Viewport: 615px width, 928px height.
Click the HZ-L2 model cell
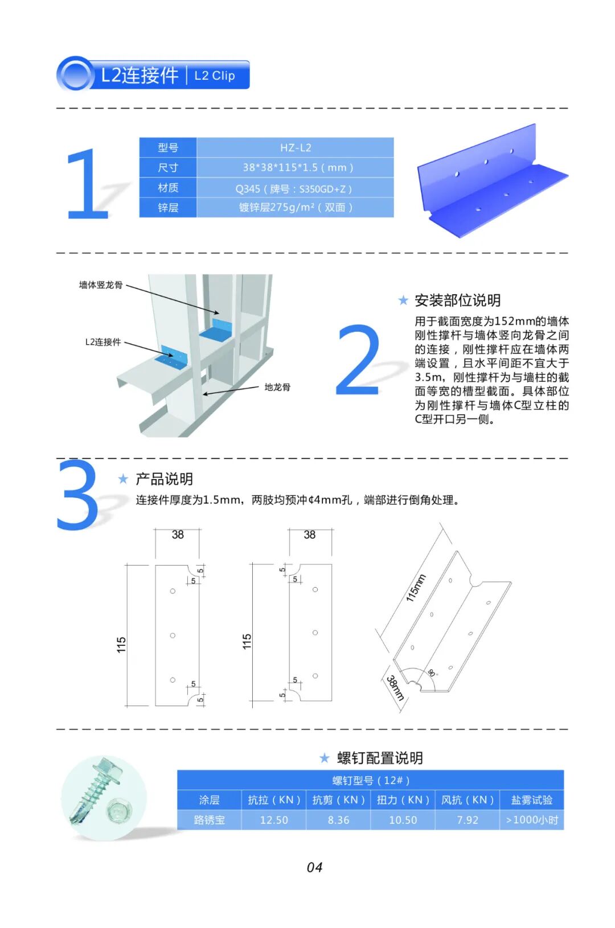296,147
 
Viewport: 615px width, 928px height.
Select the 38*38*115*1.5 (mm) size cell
296,167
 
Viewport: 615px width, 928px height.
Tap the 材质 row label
168,188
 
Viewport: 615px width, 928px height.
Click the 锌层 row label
168,208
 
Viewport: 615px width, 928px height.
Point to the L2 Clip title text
215,76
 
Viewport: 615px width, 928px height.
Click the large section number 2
358,360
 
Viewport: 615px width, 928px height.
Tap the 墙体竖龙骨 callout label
101,284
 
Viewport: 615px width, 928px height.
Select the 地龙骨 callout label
277,387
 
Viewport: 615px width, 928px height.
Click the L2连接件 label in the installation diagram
103,342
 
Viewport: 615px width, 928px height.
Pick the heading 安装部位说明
457,300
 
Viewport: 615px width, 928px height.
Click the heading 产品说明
164,479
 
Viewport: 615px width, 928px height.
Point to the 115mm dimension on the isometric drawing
416,588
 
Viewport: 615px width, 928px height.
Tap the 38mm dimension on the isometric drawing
395,688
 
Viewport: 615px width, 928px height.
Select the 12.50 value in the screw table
274,820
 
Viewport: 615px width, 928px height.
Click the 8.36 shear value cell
338,820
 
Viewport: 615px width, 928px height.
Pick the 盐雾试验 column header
532,799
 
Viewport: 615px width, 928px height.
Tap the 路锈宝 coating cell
209,820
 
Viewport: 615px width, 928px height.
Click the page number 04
314,867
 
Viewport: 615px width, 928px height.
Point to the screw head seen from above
119,811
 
